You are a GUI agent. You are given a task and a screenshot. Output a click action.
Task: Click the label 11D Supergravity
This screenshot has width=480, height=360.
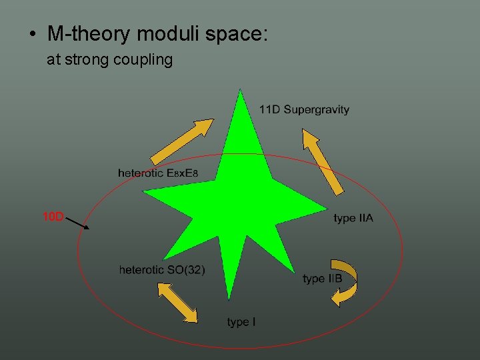304,109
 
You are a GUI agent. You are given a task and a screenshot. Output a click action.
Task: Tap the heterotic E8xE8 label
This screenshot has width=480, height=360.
158,173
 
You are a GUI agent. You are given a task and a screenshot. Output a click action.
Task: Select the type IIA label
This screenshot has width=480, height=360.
353,218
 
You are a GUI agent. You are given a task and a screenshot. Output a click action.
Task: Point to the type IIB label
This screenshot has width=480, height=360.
322,279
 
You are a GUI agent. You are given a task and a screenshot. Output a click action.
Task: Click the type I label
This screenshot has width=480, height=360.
241,322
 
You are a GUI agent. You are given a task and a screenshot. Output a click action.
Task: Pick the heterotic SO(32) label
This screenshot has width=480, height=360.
162,270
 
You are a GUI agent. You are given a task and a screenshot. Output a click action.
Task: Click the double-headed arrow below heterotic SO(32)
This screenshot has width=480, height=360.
177,303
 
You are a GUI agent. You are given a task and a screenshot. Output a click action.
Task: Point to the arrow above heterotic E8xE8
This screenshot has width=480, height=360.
182,141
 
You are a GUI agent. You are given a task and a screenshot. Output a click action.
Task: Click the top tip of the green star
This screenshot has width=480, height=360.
239,91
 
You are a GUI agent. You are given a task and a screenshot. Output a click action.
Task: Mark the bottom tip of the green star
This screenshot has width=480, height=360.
229,298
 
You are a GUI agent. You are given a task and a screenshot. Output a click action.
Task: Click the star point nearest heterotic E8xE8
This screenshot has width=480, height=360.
145,191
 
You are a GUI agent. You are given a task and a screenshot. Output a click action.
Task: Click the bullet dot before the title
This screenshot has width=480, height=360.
33,34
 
